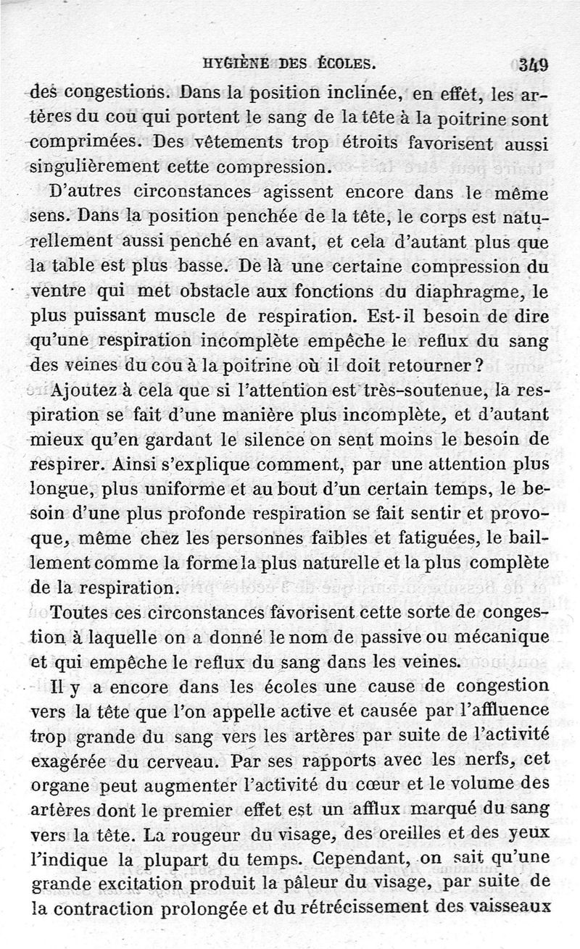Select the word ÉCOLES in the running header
[346, 63]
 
